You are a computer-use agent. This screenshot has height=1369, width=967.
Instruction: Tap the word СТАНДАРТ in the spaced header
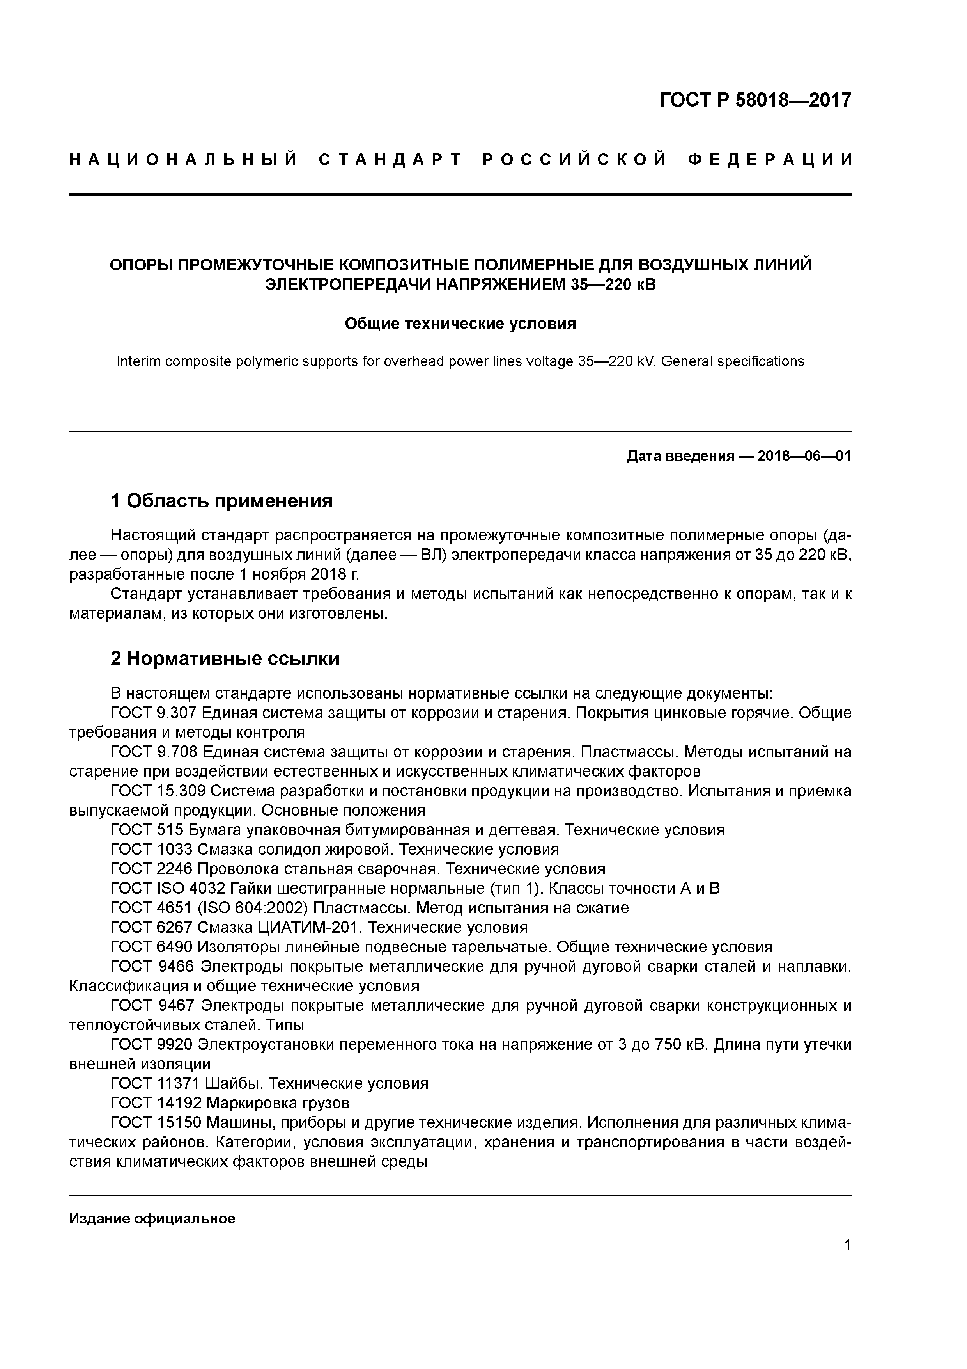pyautogui.click(x=390, y=160)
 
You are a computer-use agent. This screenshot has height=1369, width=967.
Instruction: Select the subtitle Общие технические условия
pyautogui.click(x=460, y=324)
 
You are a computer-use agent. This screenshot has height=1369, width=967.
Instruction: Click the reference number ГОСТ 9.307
pyautogui.click(x=154, y=713)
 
